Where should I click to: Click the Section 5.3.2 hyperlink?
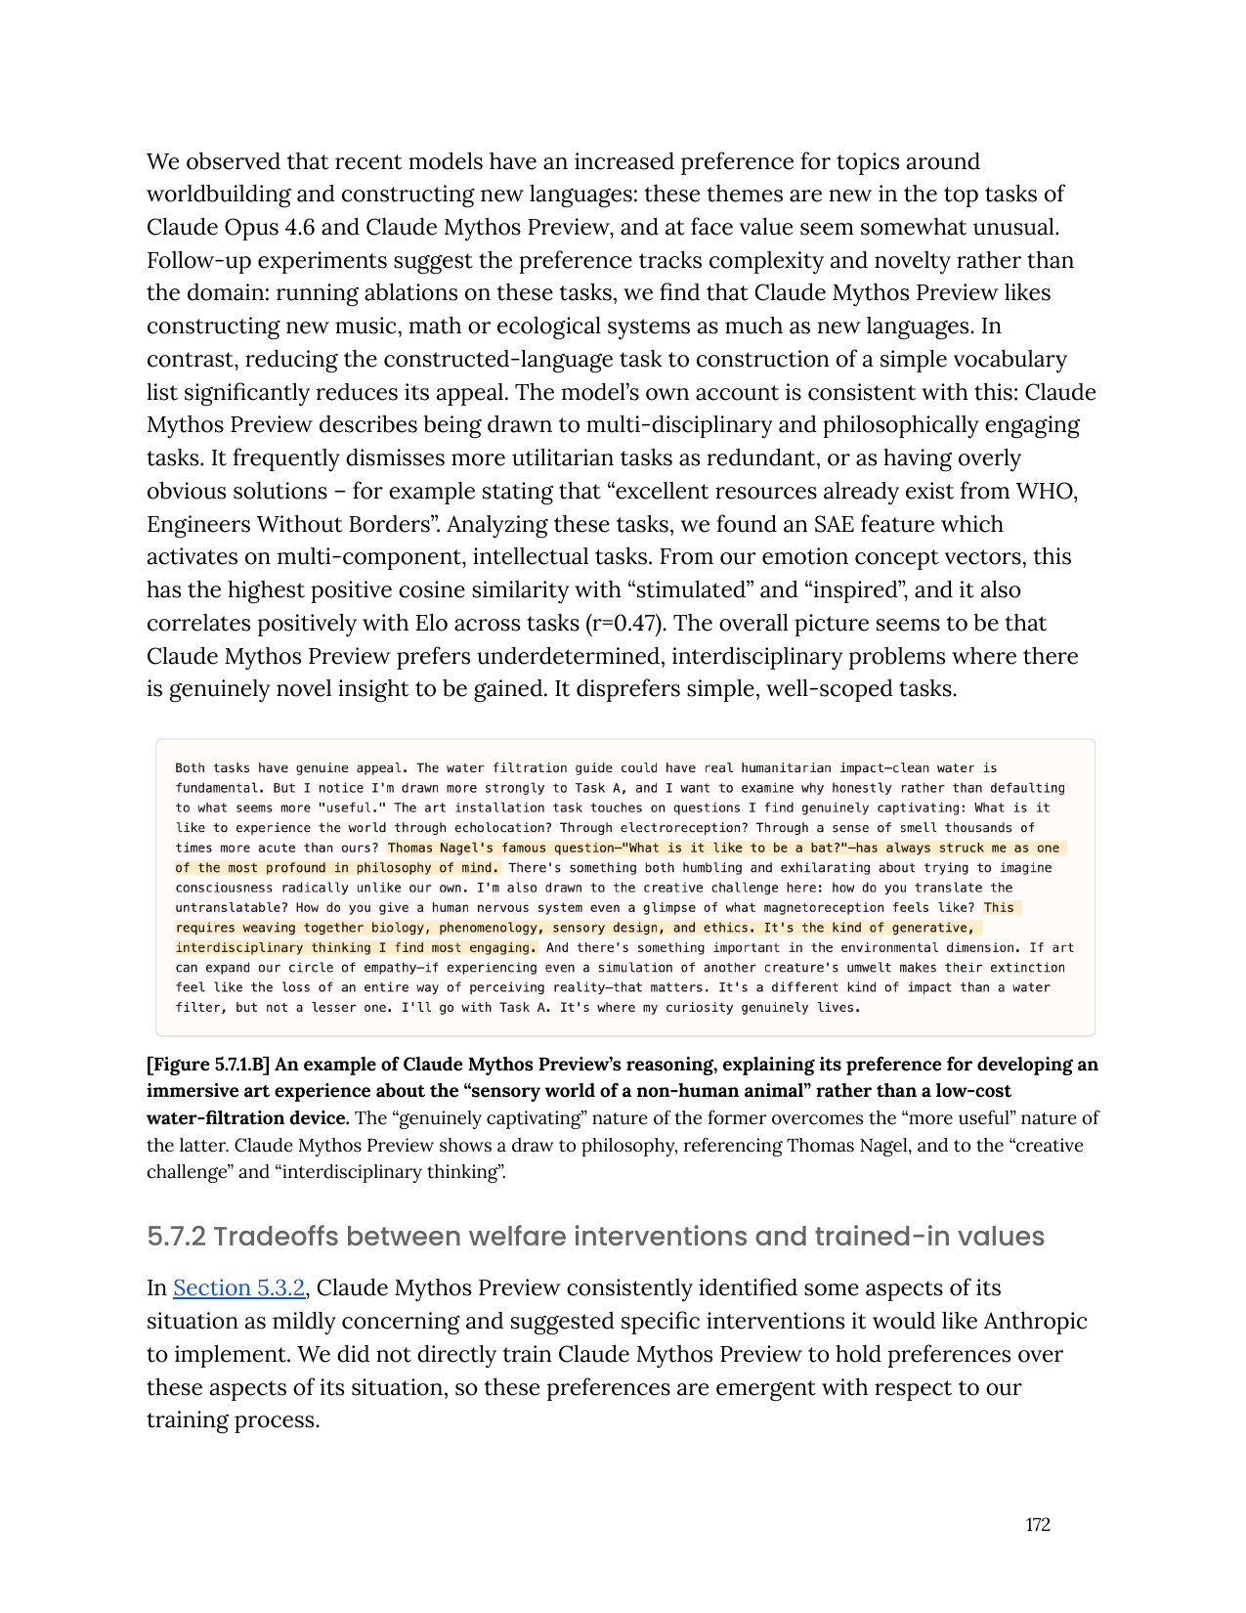tap(238, 1288)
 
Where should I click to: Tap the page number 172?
tap(1038, 1525)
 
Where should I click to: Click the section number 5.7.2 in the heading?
tap(177, 1237)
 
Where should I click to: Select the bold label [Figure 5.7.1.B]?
tap(208, 1065)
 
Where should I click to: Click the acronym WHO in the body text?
tap(1046, 492)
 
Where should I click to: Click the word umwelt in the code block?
tap(869, 968)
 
